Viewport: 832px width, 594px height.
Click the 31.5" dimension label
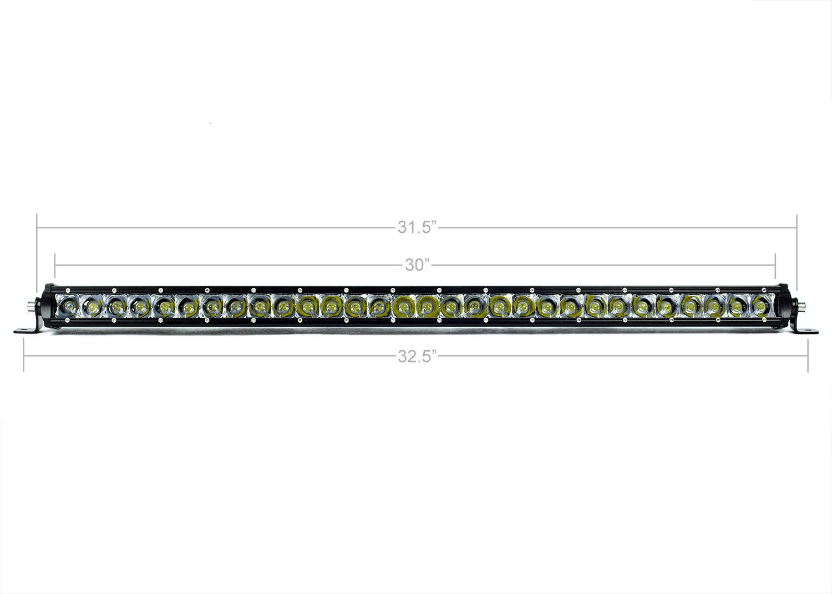(418, 228)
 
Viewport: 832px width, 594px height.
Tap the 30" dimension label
(418, 266)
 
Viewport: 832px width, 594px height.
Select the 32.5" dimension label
(418, 356)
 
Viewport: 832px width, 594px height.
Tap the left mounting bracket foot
(25, 332)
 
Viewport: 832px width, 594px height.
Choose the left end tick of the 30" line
(55, 266)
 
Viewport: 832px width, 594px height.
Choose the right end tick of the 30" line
(775, 266)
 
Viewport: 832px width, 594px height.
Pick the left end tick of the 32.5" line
(23, 356)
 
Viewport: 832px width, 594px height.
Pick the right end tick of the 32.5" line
(808, 356)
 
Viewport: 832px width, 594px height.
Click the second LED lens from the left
(92, 305)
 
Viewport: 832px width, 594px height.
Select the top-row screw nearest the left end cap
(67, 290)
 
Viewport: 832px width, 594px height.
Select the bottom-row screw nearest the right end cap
(765, 320)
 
